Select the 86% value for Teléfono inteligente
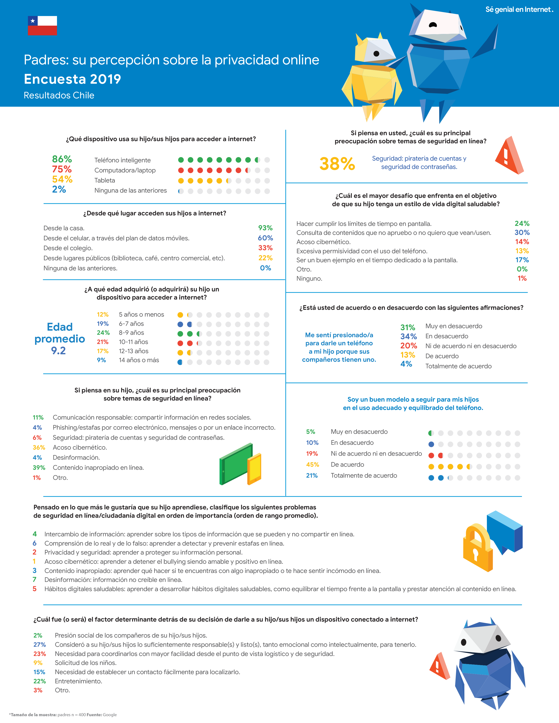(62, 159)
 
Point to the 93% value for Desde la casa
(265, 228)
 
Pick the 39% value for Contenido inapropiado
(39, 468)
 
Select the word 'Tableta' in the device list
(105, 180)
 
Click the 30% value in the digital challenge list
(522, 232)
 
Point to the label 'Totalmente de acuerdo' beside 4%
(458, 366)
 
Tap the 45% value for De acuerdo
(312, 464)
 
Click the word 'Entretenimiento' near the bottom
(78, 681)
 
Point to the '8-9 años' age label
(132, 333)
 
